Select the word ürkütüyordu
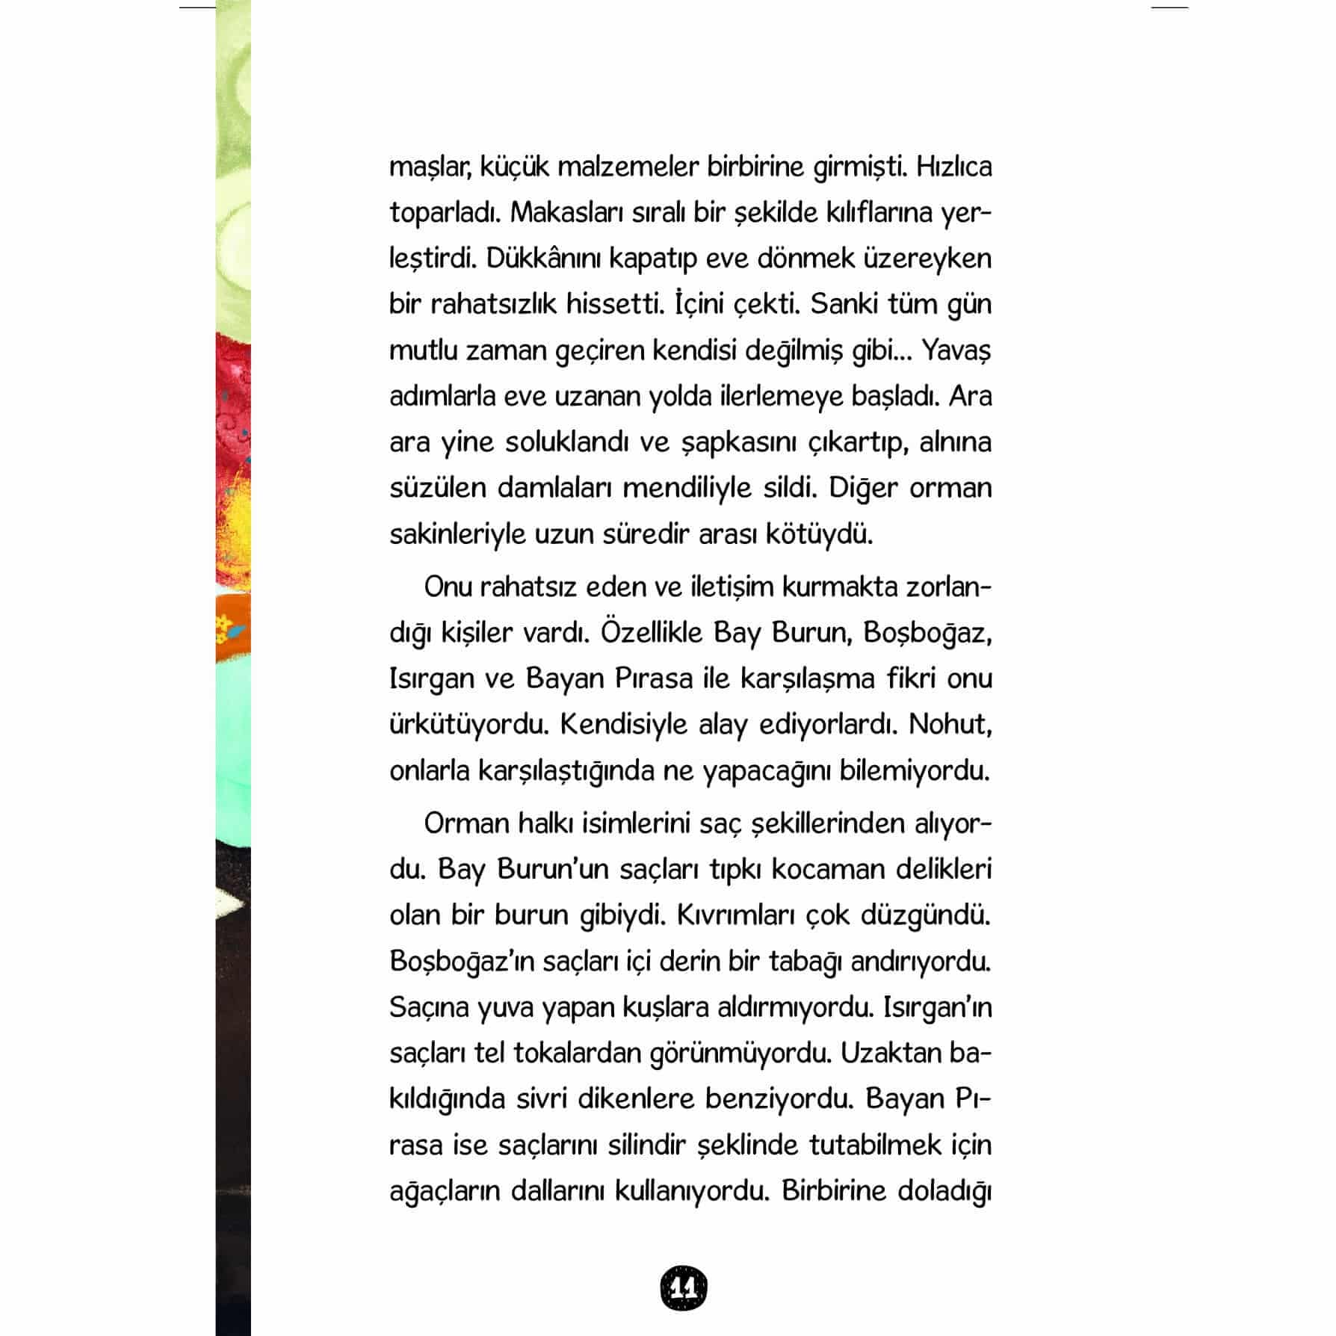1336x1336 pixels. click(468, 725)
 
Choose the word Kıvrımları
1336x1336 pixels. click(734, 915)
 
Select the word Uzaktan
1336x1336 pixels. click(889, 1053)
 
